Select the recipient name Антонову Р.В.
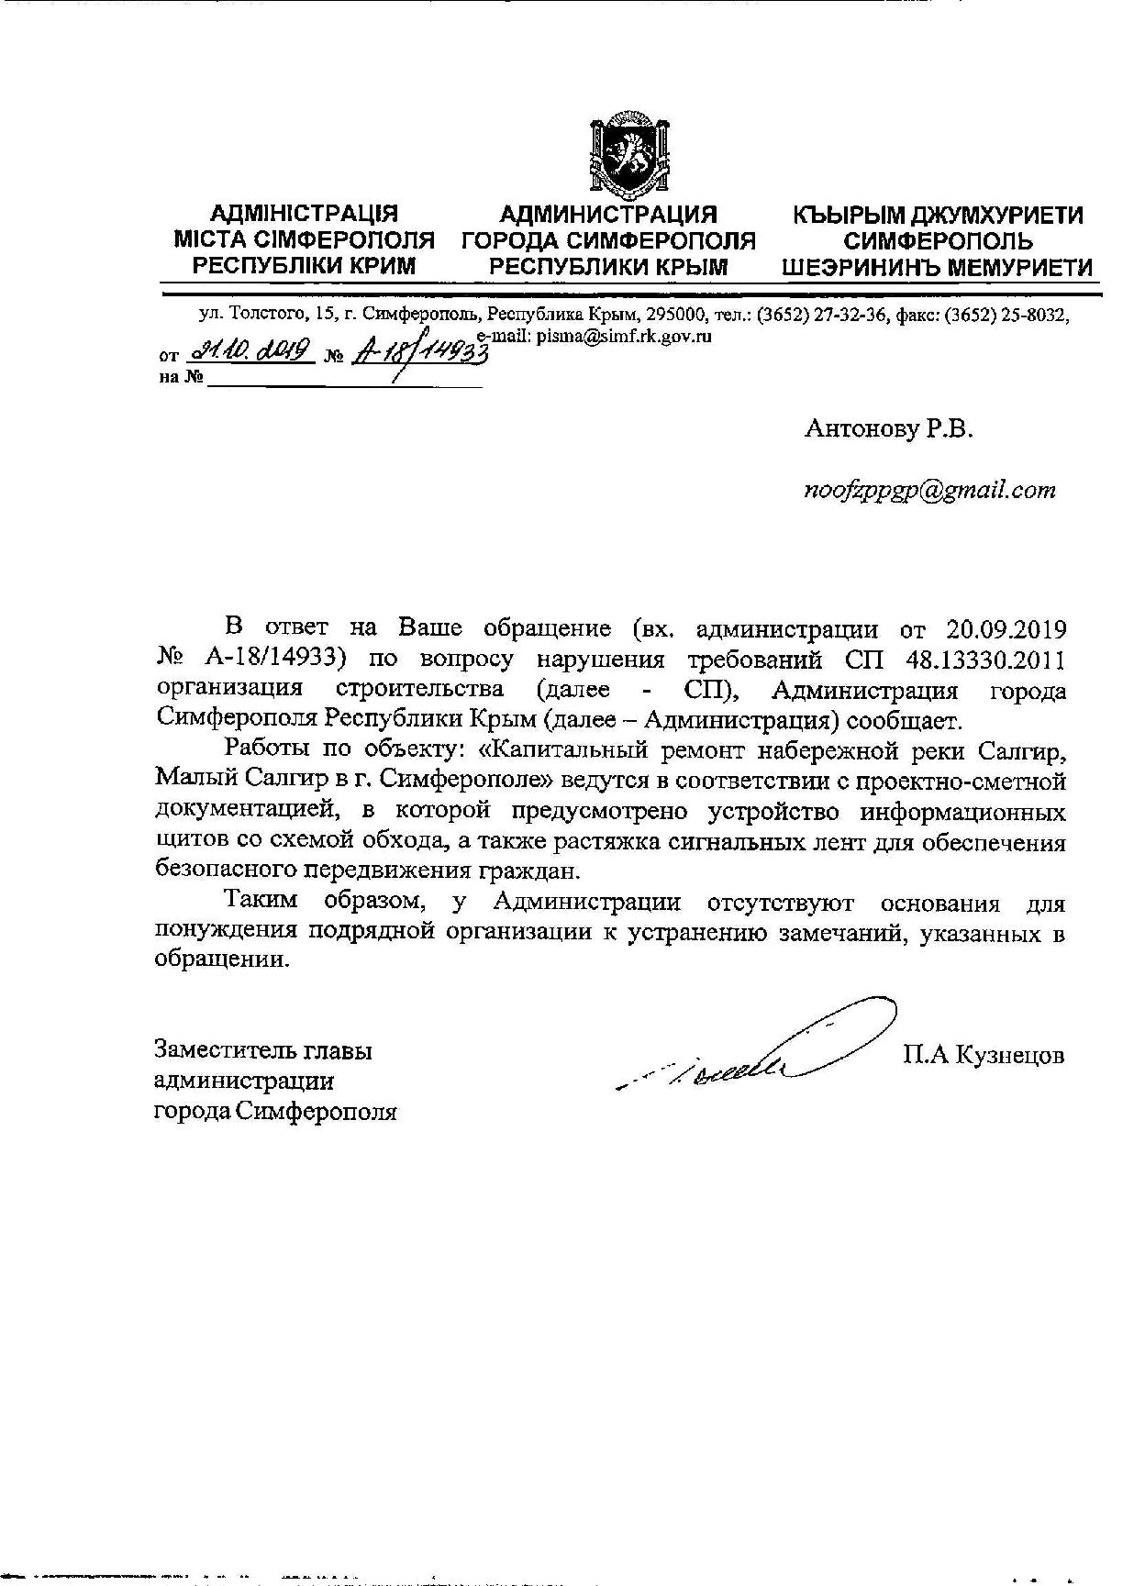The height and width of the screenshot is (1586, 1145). tap(887, 428)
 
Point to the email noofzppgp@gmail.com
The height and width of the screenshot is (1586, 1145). tap(929, 490)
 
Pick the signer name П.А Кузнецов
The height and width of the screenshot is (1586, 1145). tap(984, 1055)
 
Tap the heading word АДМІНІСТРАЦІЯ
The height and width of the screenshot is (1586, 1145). tap(304, 215)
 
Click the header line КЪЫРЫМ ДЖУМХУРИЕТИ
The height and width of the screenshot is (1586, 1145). tap(938, 216)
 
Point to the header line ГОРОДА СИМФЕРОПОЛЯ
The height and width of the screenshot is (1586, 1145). tap(608, 241)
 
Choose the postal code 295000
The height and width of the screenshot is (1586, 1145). tap(675, 316)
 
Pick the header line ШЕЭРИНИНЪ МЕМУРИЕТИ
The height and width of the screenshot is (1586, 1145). tap(937, 268)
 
